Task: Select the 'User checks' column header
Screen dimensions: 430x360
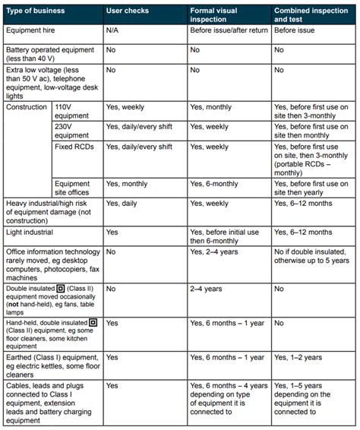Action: tap(127, 12)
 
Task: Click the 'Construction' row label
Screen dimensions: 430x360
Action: tap(27, 108)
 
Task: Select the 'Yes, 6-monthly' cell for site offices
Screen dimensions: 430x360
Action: tap(219, 183)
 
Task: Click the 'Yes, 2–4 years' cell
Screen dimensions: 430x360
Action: tap(218, 250)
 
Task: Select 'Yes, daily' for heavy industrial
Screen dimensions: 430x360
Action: tap(122, 203)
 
